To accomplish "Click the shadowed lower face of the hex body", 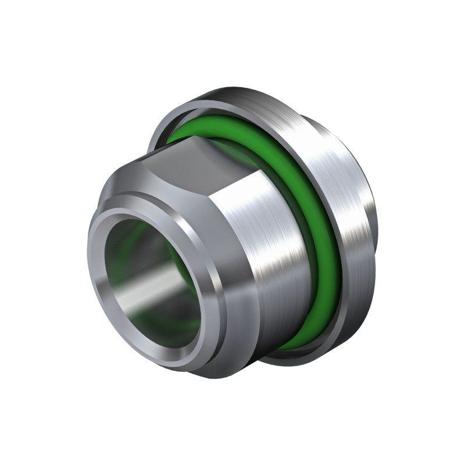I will tap(244, 343).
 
